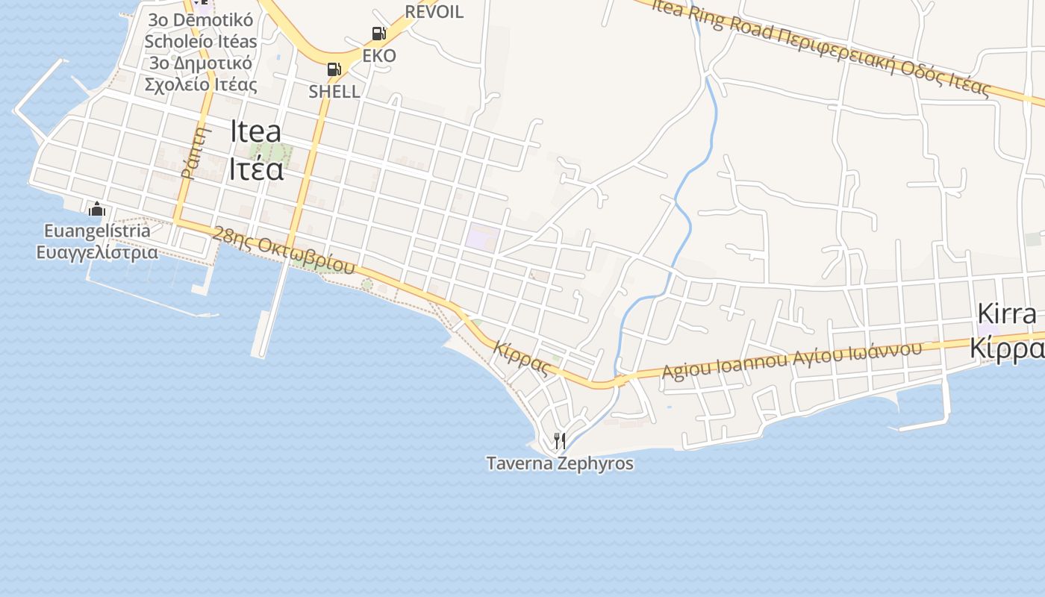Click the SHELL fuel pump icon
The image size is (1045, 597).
334,69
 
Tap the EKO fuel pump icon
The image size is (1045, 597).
378,34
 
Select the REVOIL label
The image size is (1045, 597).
434,11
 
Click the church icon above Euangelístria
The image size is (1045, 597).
96,210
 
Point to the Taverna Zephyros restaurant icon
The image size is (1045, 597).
559,441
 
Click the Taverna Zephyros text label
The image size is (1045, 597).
560,463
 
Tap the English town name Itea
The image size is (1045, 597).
255,131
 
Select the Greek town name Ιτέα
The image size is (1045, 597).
255,169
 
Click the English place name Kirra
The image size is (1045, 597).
1007,314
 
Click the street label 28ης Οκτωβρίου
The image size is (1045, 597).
283,250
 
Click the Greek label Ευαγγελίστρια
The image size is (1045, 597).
97,251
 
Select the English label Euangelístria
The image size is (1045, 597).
97,231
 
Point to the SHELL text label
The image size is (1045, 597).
334,92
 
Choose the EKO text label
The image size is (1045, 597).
379,56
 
